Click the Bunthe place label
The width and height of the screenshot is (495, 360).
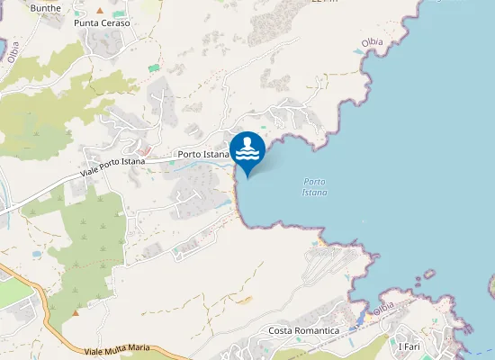45,7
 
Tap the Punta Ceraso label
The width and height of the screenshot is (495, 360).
102,22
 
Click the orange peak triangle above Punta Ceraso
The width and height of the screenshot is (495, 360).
100,10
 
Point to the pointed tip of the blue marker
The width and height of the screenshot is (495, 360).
247,177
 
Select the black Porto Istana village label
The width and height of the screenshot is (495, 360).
203,155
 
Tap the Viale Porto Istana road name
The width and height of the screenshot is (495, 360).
112,166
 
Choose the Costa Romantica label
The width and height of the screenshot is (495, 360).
304,331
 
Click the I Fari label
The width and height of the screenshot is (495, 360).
409,346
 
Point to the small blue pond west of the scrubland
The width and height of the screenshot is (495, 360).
36,255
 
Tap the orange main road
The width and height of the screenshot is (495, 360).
36,288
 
